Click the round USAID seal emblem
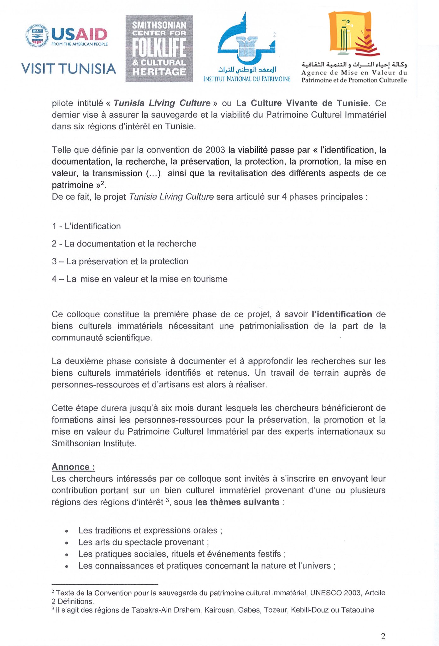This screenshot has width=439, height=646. coord(37,36)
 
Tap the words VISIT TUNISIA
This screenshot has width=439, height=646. coord(68,69)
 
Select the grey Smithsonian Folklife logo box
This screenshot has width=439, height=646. coord(159,49)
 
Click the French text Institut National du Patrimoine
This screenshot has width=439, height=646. coord(247,79)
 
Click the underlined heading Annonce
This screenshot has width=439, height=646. coord(73,467)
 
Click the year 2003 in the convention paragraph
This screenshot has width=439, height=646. coord(215,150)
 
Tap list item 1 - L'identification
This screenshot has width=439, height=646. coord(86,226)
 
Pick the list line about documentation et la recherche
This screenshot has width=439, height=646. coord(124,244)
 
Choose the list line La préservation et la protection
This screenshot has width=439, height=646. coord(120,261)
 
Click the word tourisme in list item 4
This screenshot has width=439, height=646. coord(210,279)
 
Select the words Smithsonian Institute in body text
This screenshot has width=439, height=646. coord(93,443)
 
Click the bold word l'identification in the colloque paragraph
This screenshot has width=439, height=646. coord(342,314)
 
